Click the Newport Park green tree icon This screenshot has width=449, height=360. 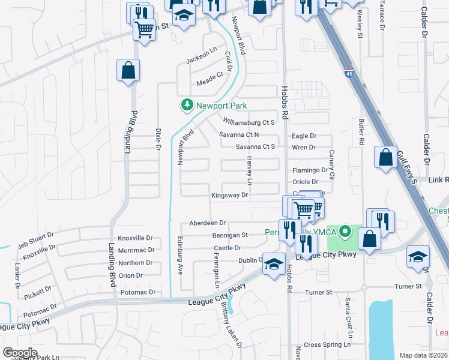(x=187, y=106)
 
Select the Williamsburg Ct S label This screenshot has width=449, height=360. (x=249, y=122)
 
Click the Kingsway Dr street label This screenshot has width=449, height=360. (x=229, y=196)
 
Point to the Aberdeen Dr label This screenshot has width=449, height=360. (x=207, y=223)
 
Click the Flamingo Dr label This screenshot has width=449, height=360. (x=310, y=170)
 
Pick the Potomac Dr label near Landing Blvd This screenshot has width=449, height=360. (x=138, y=292)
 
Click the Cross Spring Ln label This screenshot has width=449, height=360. (x=327, y=344)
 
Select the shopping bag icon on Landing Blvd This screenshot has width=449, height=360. (x=128, y=70)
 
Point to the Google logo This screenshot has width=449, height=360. (x=20, y=353)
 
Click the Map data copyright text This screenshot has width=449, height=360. (x=423, y=355)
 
